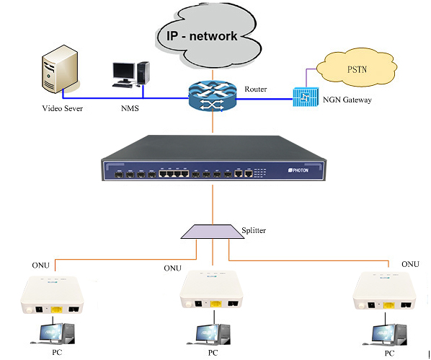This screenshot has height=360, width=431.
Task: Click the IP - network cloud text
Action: (202, 36)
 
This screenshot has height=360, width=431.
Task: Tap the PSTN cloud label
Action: (357, 69)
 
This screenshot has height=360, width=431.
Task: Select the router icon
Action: (213, 96)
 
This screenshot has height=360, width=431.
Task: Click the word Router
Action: (256, 89)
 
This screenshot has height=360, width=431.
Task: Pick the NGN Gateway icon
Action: (306, 97)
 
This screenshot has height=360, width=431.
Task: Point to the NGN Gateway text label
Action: (347, 100)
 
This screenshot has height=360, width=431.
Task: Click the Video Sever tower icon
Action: (60, 69)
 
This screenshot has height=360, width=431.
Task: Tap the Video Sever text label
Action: (63, 108)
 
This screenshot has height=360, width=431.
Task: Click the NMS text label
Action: (130, 108)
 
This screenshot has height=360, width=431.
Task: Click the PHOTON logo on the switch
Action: (298, 170)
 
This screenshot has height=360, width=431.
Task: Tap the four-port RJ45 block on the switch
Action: (174, 174)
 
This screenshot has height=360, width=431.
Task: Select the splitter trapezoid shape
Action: (213, 232)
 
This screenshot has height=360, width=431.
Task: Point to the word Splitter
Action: (254, 230)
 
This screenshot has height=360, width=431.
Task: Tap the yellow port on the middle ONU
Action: (215, 304)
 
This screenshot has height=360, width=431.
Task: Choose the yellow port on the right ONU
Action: (389, 305)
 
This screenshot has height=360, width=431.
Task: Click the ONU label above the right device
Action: (410, 264)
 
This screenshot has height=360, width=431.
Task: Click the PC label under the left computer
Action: (57, 352)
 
